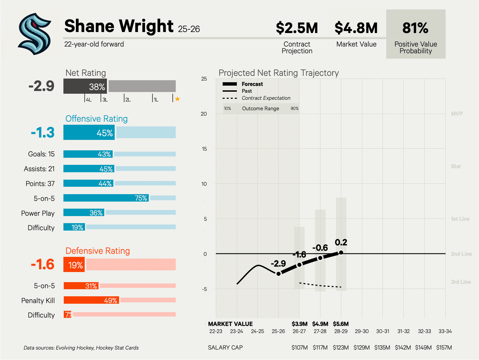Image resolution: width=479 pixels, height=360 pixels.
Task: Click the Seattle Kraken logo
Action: [x=34, y=34]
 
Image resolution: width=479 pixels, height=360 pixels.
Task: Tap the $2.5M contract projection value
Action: [x=297, y=28]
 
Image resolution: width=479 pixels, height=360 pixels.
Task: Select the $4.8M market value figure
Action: [x=356, y=28]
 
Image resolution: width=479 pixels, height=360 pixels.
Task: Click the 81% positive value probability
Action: [x=415, y=28]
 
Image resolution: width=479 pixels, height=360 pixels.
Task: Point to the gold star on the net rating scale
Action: [x=177, y=99]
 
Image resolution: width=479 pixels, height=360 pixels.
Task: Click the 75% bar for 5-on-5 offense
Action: [x=106, y=198]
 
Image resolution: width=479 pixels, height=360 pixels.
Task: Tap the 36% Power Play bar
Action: [x=84, y=213]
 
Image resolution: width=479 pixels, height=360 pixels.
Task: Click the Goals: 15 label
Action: [x=41, y=154]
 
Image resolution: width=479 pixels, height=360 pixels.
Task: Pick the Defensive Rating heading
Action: [x=97, y=251]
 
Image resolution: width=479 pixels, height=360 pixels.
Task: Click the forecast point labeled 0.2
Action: [x=341, y=252]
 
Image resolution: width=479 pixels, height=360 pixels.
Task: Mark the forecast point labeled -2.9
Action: [x=279, y=274]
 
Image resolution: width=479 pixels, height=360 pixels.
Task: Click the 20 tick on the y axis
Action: [x=204, y=114]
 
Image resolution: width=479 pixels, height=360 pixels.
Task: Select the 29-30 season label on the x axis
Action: [x=362, y=331]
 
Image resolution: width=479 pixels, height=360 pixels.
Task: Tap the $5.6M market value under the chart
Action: [x=341, y=324]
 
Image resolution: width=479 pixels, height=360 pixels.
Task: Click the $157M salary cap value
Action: [x=444, y=348]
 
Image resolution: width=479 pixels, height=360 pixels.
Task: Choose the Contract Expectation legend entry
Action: [x=266, y=98]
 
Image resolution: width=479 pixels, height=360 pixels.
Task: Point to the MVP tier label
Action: [x=457, y=114]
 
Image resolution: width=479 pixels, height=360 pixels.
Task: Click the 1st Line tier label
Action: [x=460, y=219]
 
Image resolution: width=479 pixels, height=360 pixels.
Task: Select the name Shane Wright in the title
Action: [x=119, y=26]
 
